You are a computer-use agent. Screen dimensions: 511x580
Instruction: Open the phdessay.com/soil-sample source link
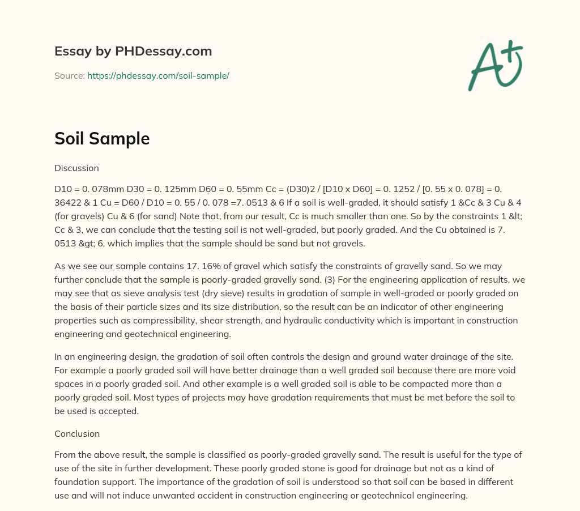(x=158, y=75)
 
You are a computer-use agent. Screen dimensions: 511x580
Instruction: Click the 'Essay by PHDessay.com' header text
(x=133, y=51)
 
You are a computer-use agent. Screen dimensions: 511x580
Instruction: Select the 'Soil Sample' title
(x=102, y=138)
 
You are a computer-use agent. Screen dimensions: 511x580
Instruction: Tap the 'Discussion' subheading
(x=76, y=168)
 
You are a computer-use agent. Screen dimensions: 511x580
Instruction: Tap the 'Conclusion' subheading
(x=77, y=433)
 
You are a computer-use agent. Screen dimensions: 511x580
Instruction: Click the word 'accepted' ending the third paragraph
(x=121, y=411)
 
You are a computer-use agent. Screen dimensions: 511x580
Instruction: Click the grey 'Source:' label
(x=69, y=75)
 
